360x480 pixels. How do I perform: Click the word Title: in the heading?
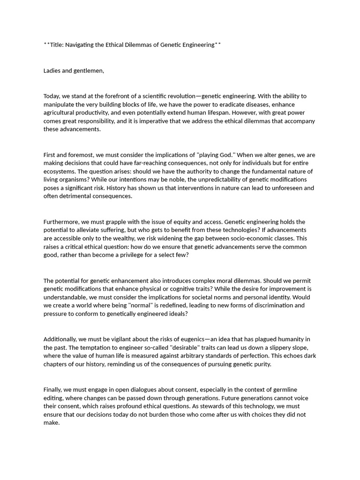(x=56, y=45)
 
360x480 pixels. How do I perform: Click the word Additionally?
(x=61, y=339)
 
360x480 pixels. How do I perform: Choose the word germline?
(x=282, y=390)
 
